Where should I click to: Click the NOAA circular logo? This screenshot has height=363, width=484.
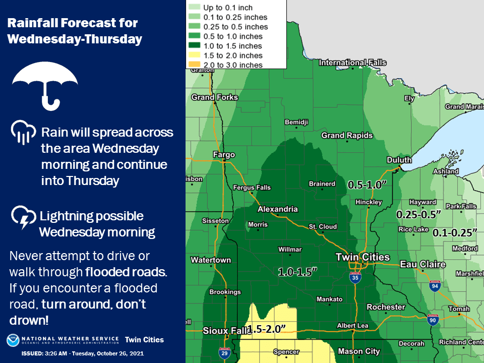pyautogui.click(x=13, y=340)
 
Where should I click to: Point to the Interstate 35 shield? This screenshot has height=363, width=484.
pyautogui.click(x=355, y=277)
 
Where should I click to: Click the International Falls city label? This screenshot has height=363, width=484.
pyautogui.click(x=352, y=63)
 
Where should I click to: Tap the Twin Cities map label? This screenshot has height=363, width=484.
pyautogui.click(x=362, y=257)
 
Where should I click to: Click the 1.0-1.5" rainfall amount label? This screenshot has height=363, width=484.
pyautogui.click(x=297, y=272)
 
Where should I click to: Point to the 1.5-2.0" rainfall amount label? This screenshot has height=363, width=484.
pyautogui.click(x=267, y=329)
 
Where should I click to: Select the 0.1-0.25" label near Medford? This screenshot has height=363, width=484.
pyautogui.click(x=455, y=232)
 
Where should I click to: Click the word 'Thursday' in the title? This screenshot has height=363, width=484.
pyautogui.click(x=116, y=39)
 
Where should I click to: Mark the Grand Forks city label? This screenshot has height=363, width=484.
pyautogui.click(x=214, y=97)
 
